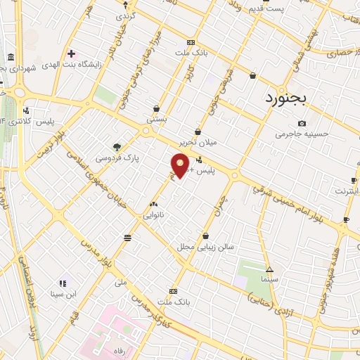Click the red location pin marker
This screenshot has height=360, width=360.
coord(180,165)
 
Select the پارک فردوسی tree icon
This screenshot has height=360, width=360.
coord(117,146)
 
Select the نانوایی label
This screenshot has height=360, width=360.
coord(153,214)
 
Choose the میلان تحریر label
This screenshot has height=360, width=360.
coord(198,142)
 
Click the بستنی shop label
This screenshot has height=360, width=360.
coord(156,120)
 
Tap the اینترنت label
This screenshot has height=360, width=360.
coord(345,191)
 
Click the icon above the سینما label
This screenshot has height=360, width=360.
coord(269,269)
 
